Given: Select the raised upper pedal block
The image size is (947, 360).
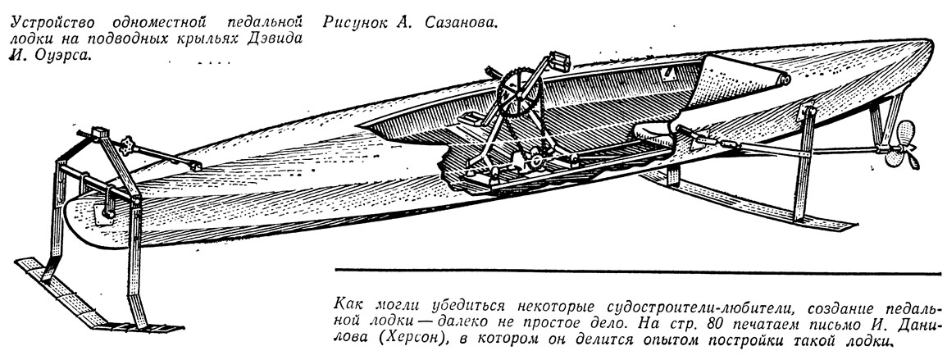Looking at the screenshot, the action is (558, 60).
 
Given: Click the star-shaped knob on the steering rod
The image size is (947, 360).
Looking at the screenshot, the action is (127, 146).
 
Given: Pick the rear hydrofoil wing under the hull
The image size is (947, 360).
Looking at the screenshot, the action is (749, 200).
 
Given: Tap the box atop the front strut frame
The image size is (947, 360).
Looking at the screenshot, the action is (99, 133).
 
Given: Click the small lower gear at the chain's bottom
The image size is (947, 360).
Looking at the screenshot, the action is (535, 162).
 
